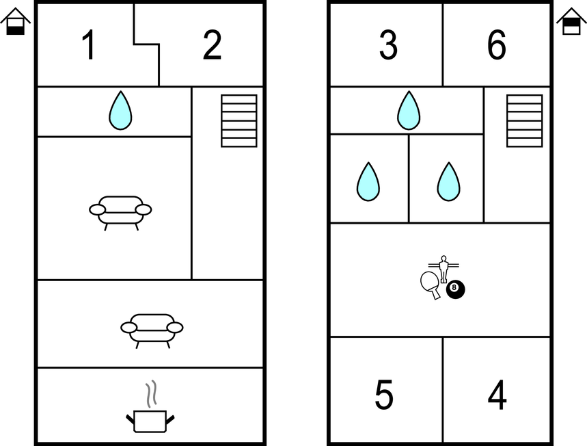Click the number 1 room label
88,45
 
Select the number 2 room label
213,45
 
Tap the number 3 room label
388,45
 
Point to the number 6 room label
497,45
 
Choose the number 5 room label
384,394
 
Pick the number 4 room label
497,394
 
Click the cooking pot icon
150,421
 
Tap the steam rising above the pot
151,394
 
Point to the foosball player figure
443,269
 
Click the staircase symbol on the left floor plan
239,120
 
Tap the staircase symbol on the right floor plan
525,120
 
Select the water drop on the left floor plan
120,111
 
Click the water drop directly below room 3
409,111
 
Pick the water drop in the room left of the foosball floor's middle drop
368,182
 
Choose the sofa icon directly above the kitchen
152,331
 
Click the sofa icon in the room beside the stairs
120,213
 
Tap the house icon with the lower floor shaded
15,22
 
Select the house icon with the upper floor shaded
571,22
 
